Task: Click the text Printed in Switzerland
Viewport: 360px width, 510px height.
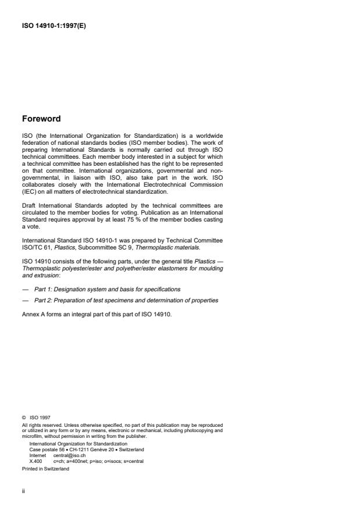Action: [45, 468]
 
